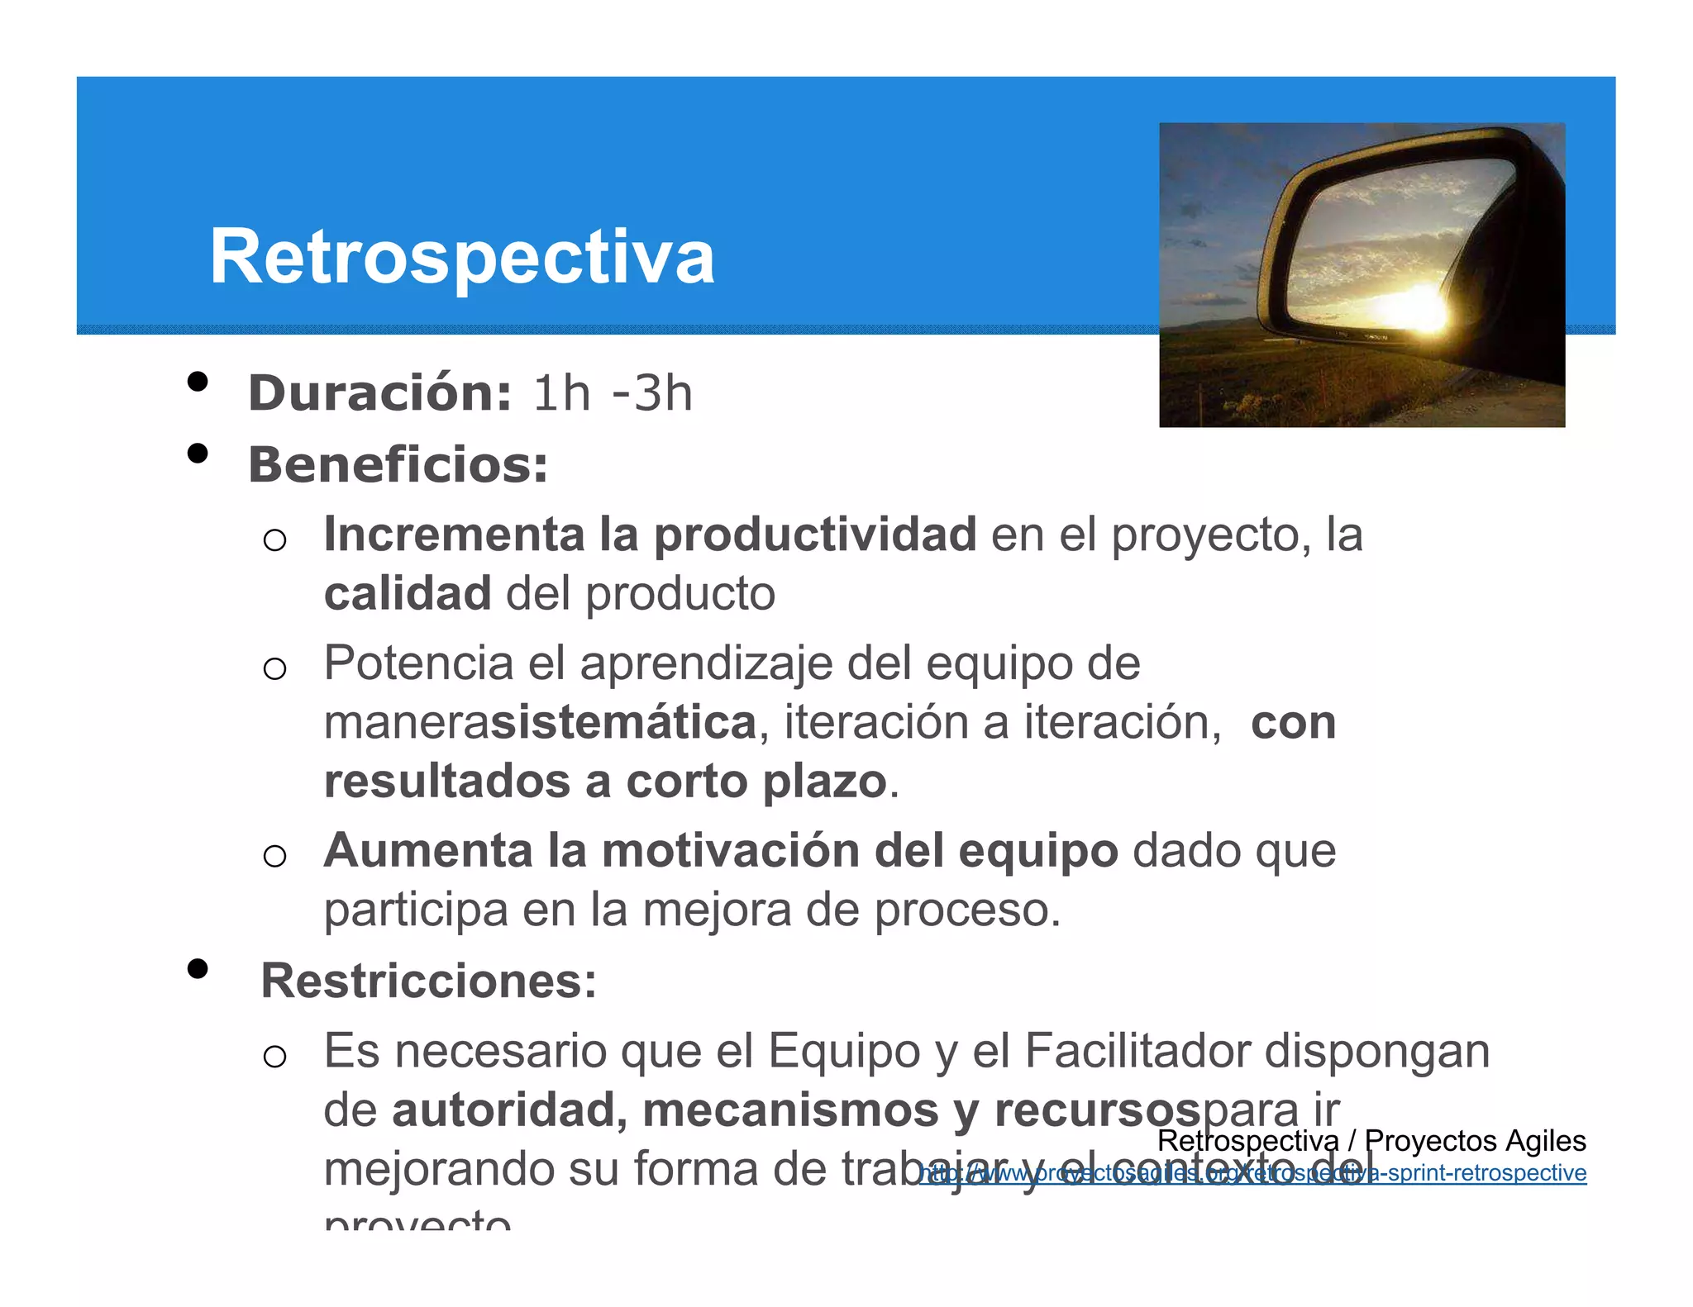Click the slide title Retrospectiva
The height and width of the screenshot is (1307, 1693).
pyautogui.click(x=461, y=257)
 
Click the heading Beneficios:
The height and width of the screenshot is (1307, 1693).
pyautogui.click(x=398, y=464)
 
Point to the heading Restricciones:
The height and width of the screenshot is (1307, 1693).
pyautogui.click(x=428, y=981)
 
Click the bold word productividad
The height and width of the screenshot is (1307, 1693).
pyautogui.click(x=815, y=535)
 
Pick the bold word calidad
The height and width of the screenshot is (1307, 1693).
pyautogui.click(x=408, y=594)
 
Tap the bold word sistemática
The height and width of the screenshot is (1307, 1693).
pyautogui.click(x=624, y=722)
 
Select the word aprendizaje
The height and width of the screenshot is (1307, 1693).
pyautogui.click(x=706, y=663)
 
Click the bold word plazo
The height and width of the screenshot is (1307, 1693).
pyautogui.click(x=824, y=782)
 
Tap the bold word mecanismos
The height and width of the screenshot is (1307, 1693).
pyautogui.click(x=790, y=1110)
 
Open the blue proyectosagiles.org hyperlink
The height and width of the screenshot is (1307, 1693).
pyautogui.click(x=1252, y=1173)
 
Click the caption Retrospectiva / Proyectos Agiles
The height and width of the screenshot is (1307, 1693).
pyautogui.click(x=1371, y=1141)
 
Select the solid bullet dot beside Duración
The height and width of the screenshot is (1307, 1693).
pyautogui.click(x=197, y=382)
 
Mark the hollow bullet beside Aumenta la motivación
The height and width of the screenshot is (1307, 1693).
pyautogui.click(x=274, y=856)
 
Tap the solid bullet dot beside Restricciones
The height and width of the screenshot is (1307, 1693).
pyautogui.click(x=197, y=968)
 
